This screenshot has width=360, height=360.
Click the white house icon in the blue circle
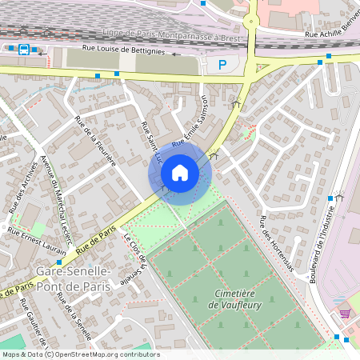tap(180, 173)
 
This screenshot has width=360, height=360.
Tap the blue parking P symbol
tap(222, 65)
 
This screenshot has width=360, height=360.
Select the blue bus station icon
tap(24, 50)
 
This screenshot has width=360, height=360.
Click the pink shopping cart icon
tap(345, 314)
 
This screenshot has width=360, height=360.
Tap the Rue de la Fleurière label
tap(95, 140)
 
